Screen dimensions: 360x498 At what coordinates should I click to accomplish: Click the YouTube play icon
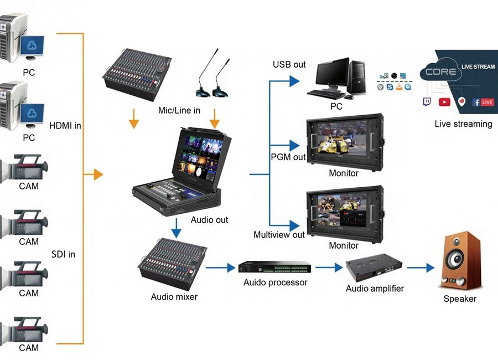tap(444, 102)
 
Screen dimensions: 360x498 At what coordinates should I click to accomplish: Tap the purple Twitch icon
tap(428, 102)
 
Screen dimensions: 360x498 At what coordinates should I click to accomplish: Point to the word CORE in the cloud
tap(441, 71)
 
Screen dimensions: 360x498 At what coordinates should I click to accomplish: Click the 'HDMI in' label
tap(65, 126)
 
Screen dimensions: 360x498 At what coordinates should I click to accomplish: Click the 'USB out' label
tap(289, 64)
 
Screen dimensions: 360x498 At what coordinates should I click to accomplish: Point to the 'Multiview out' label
tap(279, 234)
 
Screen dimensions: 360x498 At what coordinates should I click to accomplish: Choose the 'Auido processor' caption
tap(275, 282)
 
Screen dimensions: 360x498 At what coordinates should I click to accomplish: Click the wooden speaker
tap(459, 260)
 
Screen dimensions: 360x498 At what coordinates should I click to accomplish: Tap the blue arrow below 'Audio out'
tap(176, 228)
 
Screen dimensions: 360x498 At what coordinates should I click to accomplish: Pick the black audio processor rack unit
tap(274, 267)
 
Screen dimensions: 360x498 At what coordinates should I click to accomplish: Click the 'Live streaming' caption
tap(463, 124)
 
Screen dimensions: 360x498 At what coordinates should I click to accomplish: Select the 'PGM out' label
tap(288, 157)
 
